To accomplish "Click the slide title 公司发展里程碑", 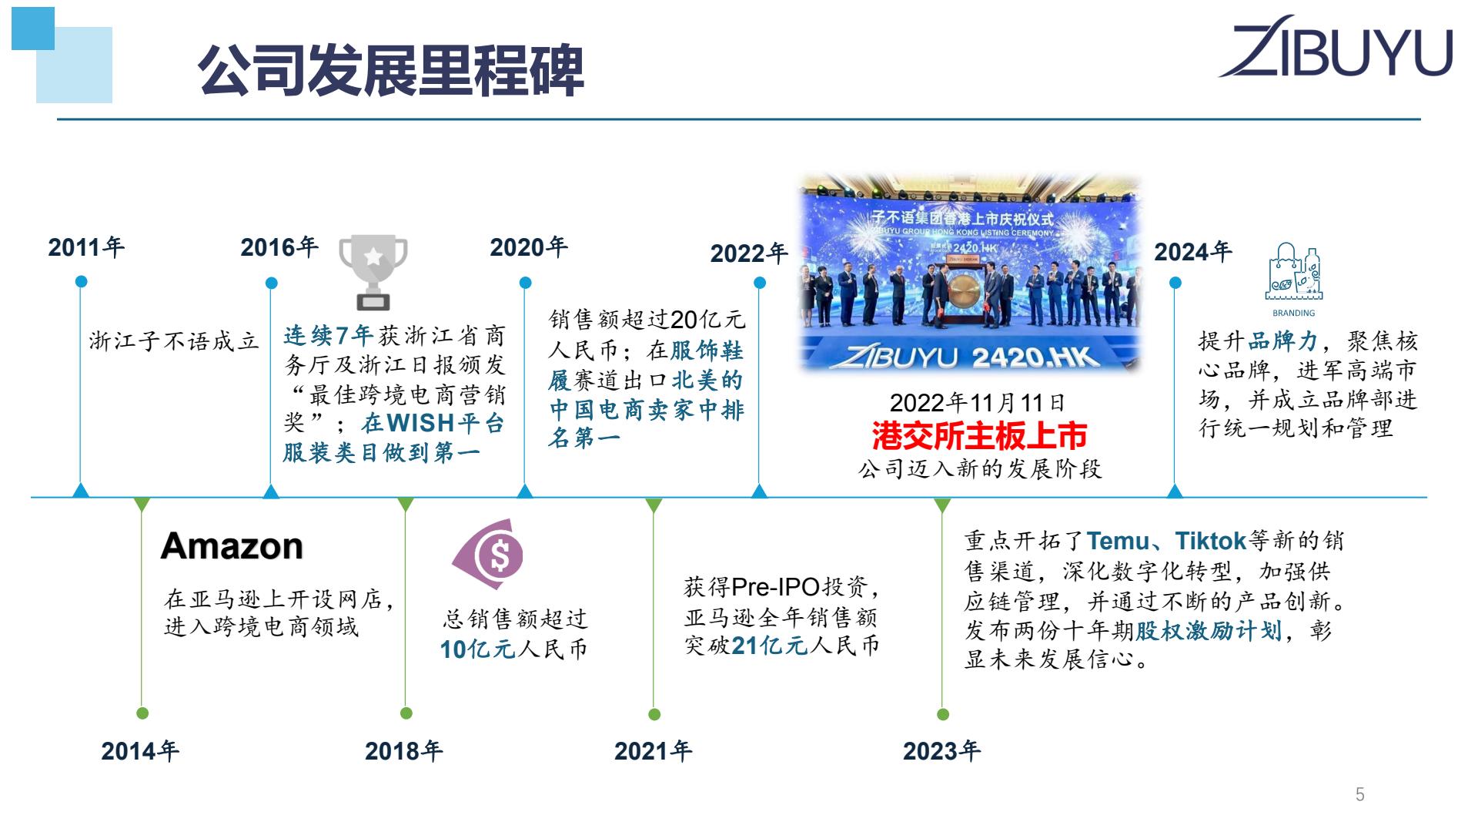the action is pyautogui.click(x=391, y=71).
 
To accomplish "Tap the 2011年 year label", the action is pyautogui.click(x=86, y=247).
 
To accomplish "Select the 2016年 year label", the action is pyautogui.click(x=279, y=247).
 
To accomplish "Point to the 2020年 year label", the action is pyautogui.click(x=529, y=247).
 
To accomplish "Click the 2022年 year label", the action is pyautogui.click(x=749, y=253).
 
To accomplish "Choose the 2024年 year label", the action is pyautogui.click(x=1193, y=252).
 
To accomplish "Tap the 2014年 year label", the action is pyautogui.click(x=140, y=751).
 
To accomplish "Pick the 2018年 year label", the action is pyautogui.click(x=404, y=751).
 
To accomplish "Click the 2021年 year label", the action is pyautogui.click(x=654, y=751).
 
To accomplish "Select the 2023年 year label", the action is pyautogui.click(x=942, y=751).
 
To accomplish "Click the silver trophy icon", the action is pyautogui.click(x=373, y=272).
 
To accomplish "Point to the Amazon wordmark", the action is pyautogui.click(x=232, y=546).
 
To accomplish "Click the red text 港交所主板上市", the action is pyautogui.click(x=979, y=436).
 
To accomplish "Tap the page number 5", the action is pyautogui.click(x=1360, y=794).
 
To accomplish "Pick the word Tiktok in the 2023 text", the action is pyautogui.click(x=1211, y=541).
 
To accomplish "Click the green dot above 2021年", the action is pyautogui.click(x=654, y=714).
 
